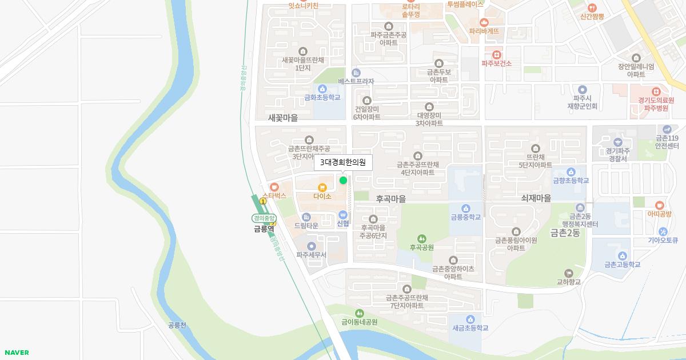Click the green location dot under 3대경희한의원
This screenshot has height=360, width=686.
(343, 180)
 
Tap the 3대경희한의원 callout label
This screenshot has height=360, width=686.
(343, 163)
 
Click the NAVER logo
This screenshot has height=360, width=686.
(16, 353)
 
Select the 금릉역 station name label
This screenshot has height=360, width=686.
(264, 229)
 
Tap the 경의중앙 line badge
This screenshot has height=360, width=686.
(264, 218)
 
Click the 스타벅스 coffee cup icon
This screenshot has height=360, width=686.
(274, 186)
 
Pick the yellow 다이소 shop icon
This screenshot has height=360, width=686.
(322, 187)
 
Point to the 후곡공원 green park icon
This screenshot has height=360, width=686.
(421, 238)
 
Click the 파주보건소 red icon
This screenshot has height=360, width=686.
(496, 54)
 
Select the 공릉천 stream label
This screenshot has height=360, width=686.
(177, 325)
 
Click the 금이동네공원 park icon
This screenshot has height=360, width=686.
(360, 313)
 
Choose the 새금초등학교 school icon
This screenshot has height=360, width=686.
(470, 319)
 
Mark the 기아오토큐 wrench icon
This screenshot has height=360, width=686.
(663, 231)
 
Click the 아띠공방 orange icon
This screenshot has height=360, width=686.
(659, 205)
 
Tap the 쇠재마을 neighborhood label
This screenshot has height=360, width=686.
(536, 198)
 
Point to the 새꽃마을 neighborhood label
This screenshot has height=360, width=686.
(283, 118)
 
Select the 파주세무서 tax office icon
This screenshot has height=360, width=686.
(311, 246)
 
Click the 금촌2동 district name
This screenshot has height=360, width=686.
(566, 233)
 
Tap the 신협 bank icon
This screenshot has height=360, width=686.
(343, 214)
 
